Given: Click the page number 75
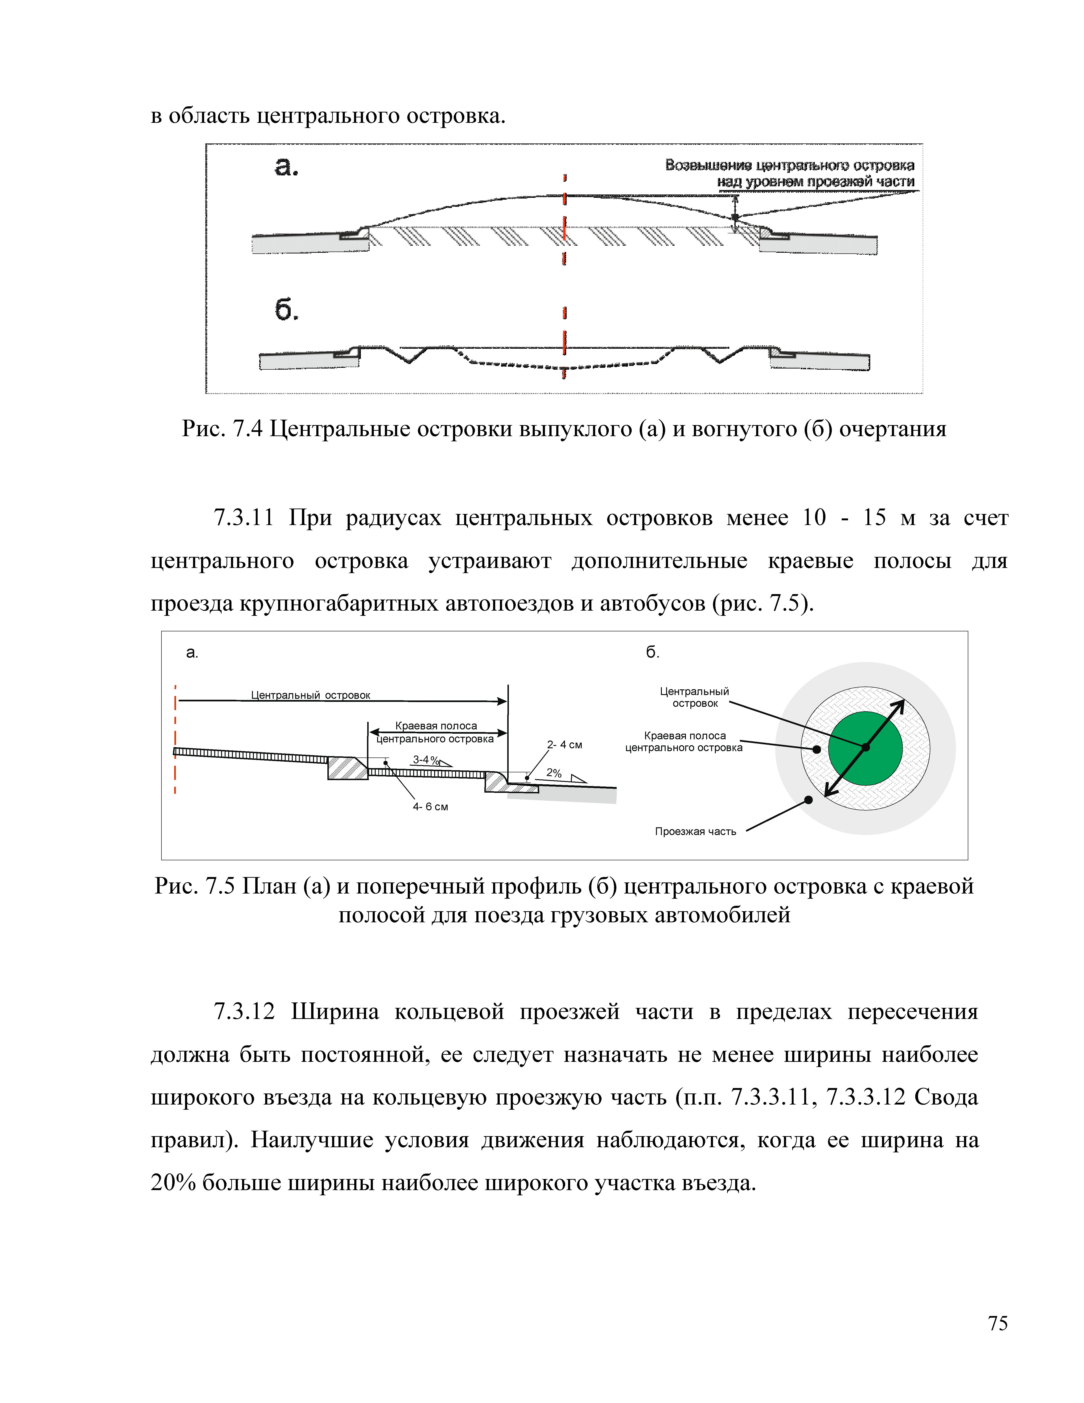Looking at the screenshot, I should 997,1323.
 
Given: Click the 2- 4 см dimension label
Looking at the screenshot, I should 565,745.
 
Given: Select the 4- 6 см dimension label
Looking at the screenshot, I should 430,807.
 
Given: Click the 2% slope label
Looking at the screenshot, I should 554,774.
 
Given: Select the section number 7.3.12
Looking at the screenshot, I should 244,1012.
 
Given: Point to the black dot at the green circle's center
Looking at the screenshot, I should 865,748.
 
